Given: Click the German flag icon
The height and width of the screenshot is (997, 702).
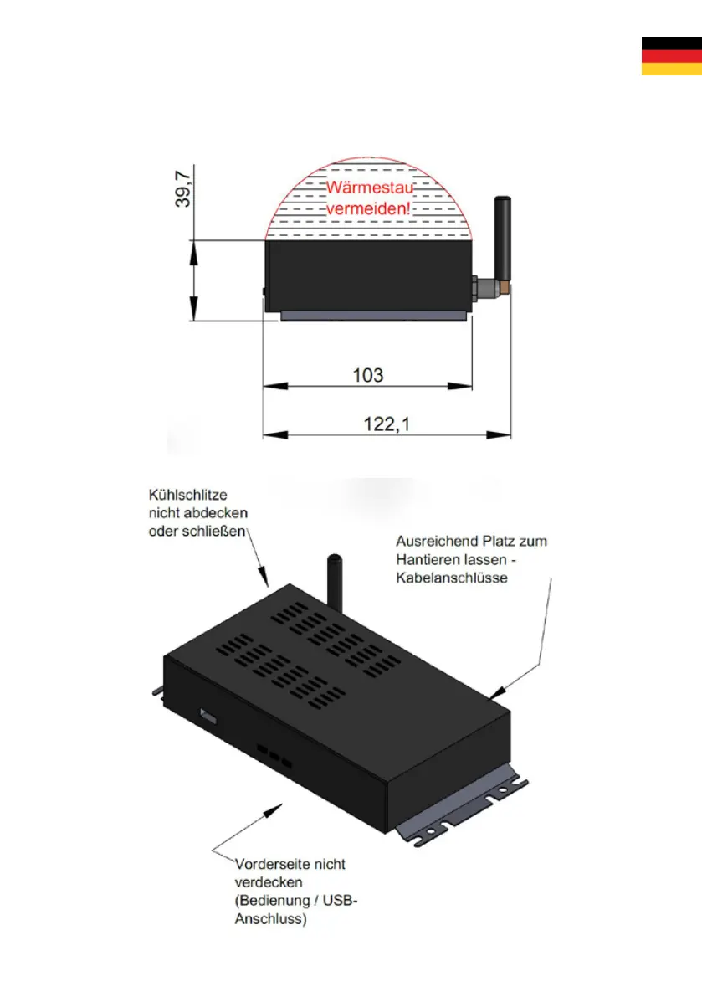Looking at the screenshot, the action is pyautogui.click(x=671, y=56).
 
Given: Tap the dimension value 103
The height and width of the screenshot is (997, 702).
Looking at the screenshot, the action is pyautogui.click(x=367, y=374).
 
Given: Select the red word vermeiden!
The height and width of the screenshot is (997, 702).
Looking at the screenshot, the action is pyautogui.click(x=369, y=209).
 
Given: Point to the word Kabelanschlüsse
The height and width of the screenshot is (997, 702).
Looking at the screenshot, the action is pyautogui.click(x=452, y=578).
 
